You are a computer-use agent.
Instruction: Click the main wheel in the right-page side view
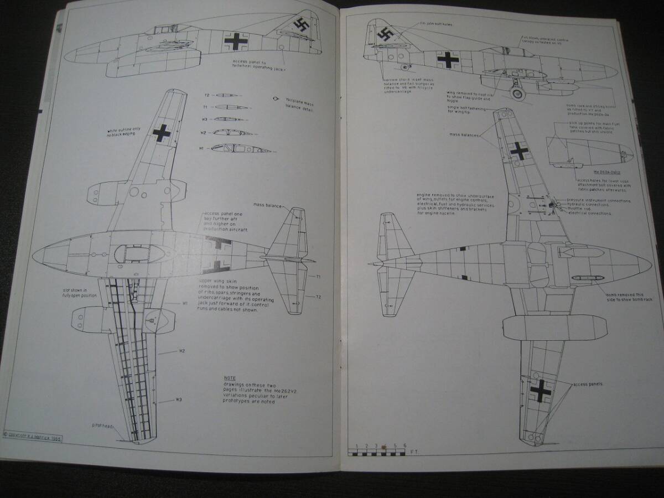point(518,94)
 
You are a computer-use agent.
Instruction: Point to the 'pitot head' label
point(103,426)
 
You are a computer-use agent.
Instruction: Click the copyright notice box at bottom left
point(32,437)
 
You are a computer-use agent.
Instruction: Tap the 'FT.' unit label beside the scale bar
point(414,452)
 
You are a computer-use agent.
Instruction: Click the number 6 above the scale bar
point(405,445)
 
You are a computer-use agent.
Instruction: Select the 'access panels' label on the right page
point(588,384)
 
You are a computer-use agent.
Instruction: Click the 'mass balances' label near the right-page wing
point(463,134)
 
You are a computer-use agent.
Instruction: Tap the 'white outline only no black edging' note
point(125,132)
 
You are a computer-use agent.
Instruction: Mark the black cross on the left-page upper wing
point(162,133)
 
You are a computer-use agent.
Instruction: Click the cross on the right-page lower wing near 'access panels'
point(540,391)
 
